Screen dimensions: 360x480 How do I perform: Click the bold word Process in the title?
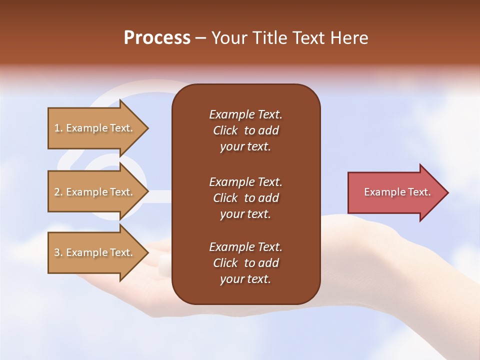(157, 38)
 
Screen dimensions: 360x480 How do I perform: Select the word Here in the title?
(348, 38)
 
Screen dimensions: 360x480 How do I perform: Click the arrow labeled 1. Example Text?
(95, 128)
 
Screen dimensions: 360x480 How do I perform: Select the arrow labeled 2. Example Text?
(95, 192)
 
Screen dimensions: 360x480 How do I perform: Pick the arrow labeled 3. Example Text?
(95, 252)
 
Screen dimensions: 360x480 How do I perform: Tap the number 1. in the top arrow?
(58, 128)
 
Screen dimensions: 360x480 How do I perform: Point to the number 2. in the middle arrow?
(58, 192)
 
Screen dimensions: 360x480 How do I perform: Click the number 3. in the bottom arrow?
(58, 252)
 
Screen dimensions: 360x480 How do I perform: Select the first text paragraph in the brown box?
(245, 130)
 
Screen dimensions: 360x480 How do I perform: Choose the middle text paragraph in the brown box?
(245, 198)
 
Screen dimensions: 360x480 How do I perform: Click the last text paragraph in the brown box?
(245, 263)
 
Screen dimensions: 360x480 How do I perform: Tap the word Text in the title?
(308, 38)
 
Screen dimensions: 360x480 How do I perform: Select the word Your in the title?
(229, 38)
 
